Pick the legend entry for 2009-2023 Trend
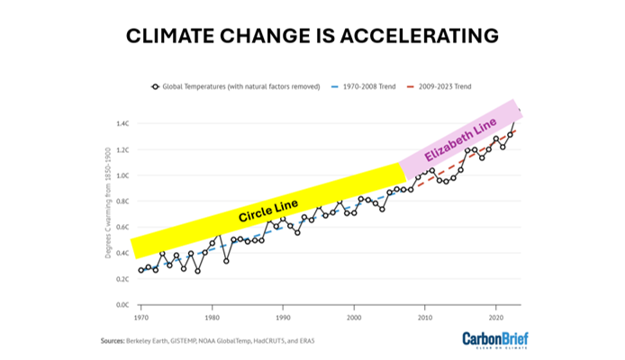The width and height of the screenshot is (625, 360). click(x=444, y=86)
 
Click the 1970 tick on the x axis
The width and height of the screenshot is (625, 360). click(x=141, y=317)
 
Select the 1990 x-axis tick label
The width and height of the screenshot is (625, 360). click(x=283, y=317)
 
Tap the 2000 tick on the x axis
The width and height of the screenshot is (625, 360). click(x=354, y=317)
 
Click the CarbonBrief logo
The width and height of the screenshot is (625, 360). click(x=494, y=340)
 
